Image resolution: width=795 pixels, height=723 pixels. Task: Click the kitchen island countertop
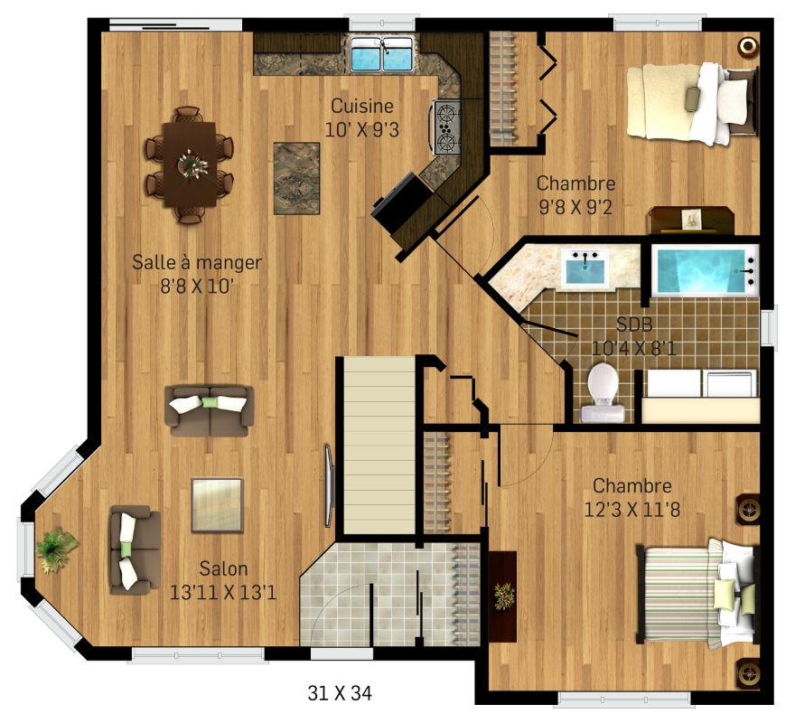(297, 178)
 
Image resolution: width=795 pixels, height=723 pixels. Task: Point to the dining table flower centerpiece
(192, 164)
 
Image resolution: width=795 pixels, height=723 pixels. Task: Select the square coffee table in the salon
(218, 504)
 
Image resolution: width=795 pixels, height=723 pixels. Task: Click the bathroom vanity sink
(587, 268)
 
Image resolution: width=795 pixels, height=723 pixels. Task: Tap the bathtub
(705, 270)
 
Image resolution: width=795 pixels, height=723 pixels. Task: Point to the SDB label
(634, 324)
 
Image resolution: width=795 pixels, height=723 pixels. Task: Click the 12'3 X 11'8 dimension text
(631, 510)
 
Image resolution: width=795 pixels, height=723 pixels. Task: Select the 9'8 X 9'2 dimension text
(575, 207)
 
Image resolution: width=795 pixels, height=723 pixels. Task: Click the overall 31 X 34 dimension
(340, 693)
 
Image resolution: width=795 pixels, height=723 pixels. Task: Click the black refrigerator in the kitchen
(401, 202)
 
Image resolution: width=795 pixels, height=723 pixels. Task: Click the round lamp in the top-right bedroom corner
(748, 46)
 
